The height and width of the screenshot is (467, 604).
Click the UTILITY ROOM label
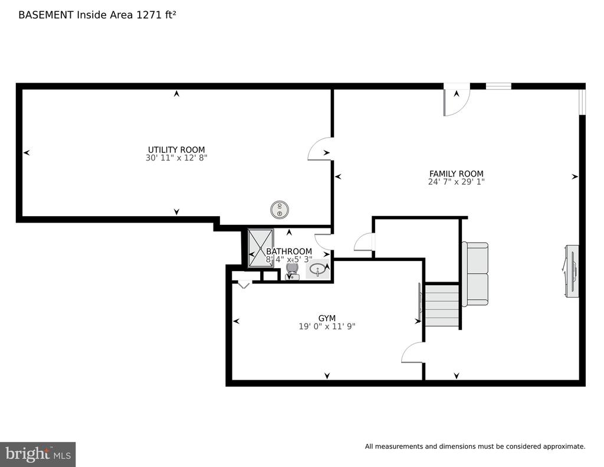coord(176,149)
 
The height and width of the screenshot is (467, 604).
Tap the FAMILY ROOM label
coord(457,174)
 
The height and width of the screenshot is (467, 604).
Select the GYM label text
coord(327,318)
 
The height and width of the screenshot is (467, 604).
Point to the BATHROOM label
coord(289,252)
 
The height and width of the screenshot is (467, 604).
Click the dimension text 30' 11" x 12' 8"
coord(176,158)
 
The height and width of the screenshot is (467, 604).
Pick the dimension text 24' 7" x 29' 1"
coord(457,182)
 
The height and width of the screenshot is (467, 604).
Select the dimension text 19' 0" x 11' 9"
coord(327,326)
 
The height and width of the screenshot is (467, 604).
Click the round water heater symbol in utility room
coord(280,210)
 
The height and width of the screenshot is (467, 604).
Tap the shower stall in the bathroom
coord(261,248)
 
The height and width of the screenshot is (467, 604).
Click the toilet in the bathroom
coord(293,271)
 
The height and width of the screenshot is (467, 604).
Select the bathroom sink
coord(318,270)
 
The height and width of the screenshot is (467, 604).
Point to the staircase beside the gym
coord(442,305)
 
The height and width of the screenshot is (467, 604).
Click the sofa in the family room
coord(475,274)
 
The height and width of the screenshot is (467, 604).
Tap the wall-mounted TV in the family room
coord(572,271)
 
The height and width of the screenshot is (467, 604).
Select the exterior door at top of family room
coord(457,101)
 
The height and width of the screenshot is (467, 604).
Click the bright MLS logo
coord(38,454)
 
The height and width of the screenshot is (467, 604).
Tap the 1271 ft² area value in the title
coord(156,15)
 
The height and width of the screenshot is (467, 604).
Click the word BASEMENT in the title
coord(46,15)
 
